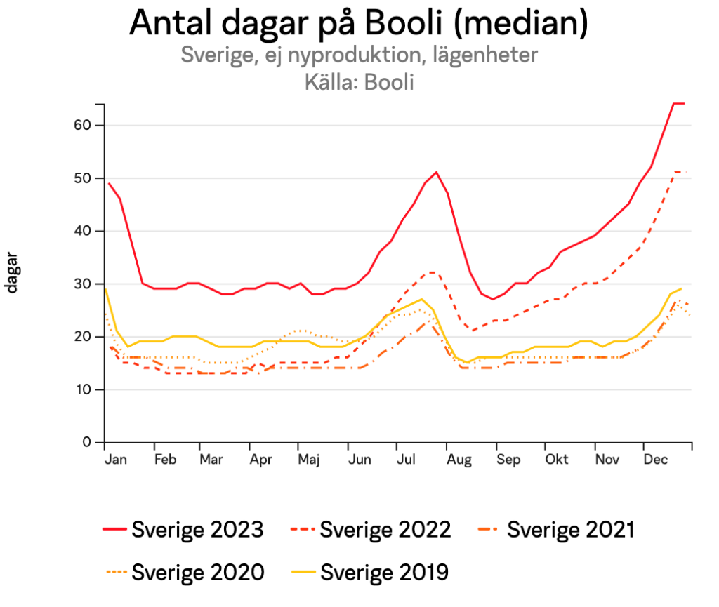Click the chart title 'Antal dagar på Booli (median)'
coord(359,23)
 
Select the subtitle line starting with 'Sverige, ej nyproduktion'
coord(359,55)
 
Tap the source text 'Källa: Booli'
coord(359,82)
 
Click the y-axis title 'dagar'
coord(13,274)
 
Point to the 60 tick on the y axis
coord(84,125)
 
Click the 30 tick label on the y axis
coord(84,284)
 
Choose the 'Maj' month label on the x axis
coord(309,460)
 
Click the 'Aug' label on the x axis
coord(459,460)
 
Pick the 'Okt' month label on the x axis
coord(557,460)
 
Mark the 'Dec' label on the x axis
coord(656,460)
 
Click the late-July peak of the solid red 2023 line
coord(436,172)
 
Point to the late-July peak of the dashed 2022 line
coord(432,272)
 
